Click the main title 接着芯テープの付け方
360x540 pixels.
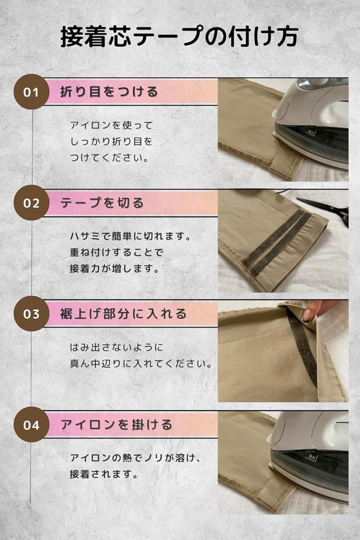pos(179,36)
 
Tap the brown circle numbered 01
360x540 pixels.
pos(31,92)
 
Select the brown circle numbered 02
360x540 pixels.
pos(31,203)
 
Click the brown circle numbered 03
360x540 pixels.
pos(31,313)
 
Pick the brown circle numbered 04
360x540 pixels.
pos(31,424)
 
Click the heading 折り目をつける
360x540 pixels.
pos(109,92)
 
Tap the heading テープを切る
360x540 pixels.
pos(101,203)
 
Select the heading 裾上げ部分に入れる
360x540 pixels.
pos(123,313)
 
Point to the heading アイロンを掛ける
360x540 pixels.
pos(116,424)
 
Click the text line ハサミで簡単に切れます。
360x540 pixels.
pos(130,236)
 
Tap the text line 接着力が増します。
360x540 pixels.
pos(114,268)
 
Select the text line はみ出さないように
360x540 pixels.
pos(116,347)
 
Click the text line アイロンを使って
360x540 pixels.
pos(111,125)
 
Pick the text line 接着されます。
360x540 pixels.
pos(104,474)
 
